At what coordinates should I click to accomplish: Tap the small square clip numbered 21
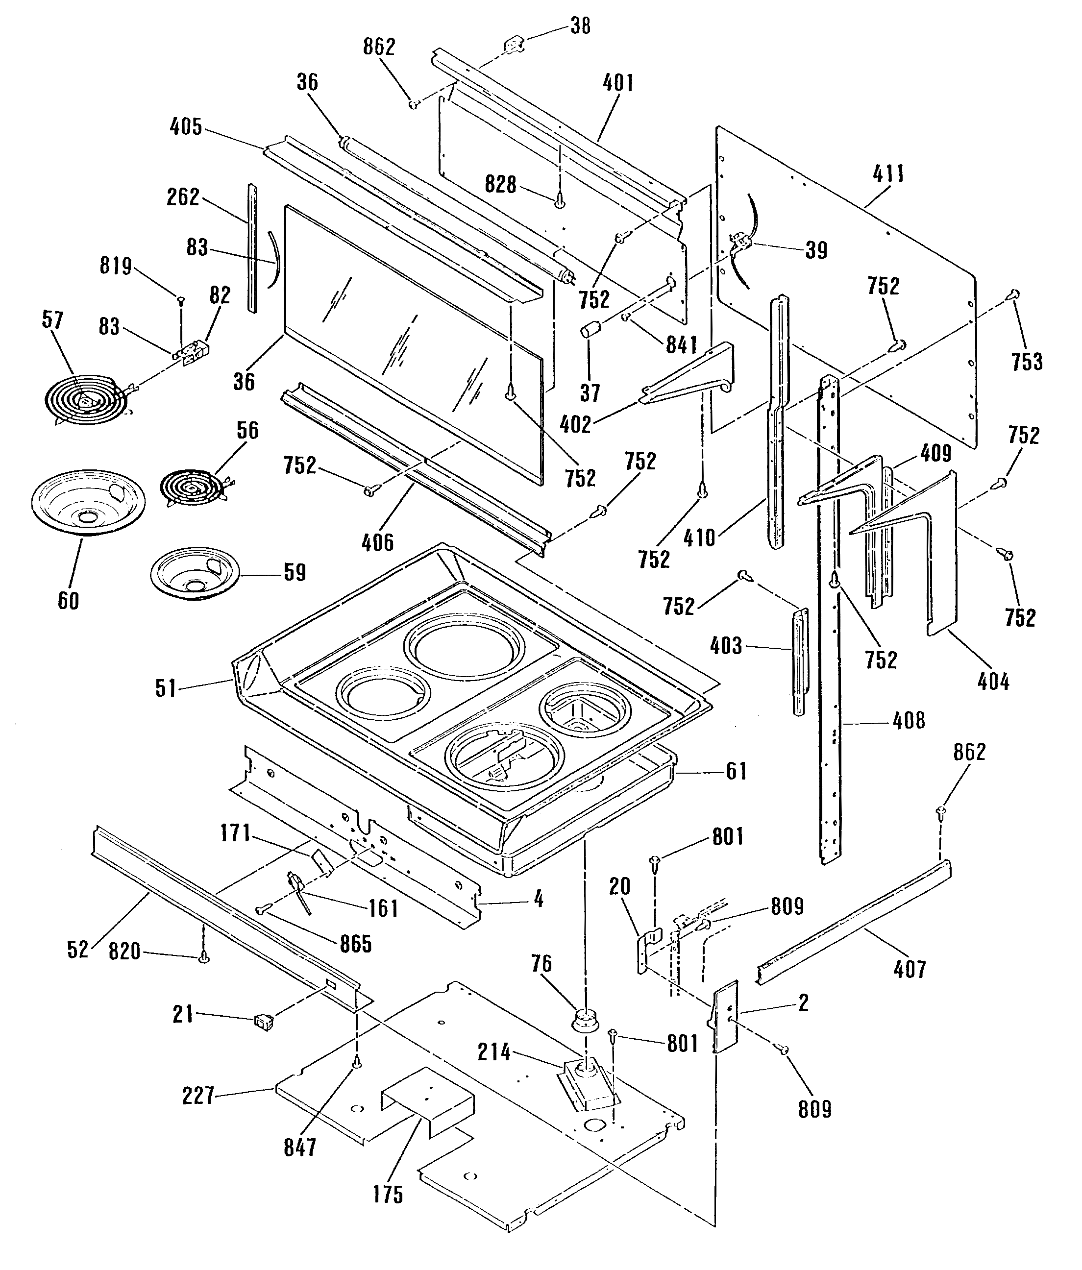point(264,1021)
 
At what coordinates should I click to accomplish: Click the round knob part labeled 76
point(583,1020)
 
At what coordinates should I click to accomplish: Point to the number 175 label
point(388,1194)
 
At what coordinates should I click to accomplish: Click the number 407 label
point(909,969)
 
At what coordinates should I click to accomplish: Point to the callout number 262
point(183,197)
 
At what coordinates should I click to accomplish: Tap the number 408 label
point(909,720)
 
